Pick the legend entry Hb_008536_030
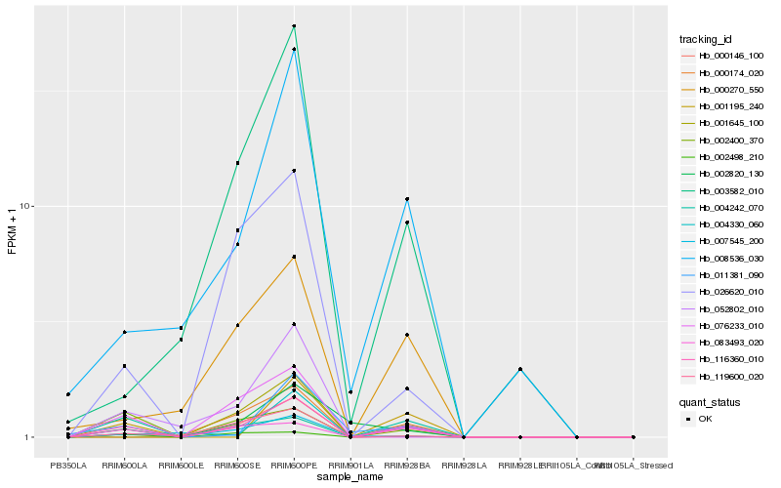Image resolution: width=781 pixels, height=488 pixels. [x=723, y=258]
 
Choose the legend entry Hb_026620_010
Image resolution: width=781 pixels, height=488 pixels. [x=723, y=292]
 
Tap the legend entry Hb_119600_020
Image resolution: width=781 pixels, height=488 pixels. [x=723, y=376]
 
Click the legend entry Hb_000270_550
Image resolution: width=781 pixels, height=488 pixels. [x=723, y=90]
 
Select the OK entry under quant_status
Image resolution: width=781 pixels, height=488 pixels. [x=705, y=419]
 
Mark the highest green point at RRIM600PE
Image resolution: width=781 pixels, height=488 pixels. [x=294, y=26]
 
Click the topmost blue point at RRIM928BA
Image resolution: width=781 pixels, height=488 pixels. [x=407, y=199]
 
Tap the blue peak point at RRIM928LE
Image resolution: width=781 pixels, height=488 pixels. [x=520, y=369]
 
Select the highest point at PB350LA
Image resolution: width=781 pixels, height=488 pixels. [x=68, y=394]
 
